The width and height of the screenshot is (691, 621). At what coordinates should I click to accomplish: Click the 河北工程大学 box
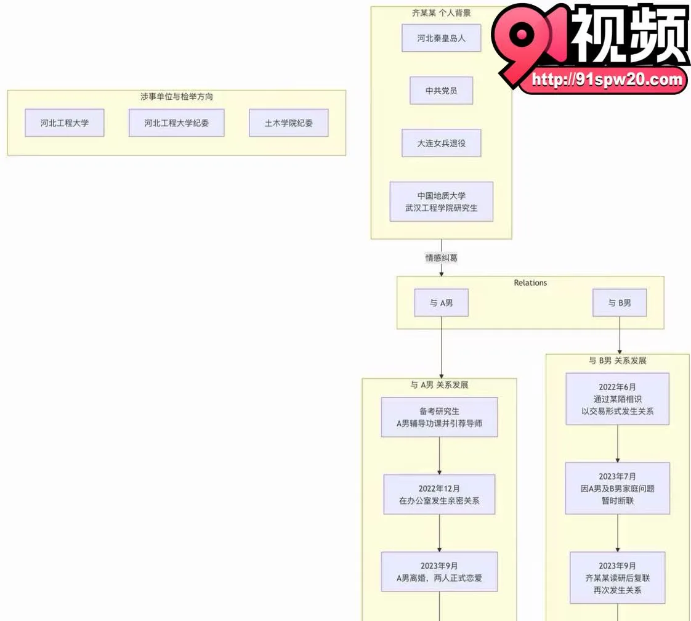(64, 123)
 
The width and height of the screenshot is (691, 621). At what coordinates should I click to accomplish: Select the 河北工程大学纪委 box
(176, 123)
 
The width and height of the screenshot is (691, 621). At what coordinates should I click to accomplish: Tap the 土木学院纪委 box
(289, 123)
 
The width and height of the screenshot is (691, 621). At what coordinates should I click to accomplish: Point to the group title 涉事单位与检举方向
(176, 97)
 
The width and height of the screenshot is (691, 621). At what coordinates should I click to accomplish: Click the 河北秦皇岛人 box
(441, 38)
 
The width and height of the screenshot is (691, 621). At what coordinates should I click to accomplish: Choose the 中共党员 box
(441, 91)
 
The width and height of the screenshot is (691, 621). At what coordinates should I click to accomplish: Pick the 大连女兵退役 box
(441, 144)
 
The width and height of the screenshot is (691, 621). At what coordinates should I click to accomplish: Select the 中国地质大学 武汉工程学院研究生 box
(441, 202)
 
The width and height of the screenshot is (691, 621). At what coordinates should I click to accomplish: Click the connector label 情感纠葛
(441, 258)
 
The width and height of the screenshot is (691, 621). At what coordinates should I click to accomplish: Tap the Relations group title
(530, 283)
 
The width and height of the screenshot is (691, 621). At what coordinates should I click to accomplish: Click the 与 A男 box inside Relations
(441, 302)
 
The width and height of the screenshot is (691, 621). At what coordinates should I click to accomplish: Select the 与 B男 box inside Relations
(620, 302)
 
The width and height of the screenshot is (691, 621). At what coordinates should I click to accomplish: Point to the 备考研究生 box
(439, 417)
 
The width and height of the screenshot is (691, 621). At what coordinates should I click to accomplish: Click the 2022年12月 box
(439, 495)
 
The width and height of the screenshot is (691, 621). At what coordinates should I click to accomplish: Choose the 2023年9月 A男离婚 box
(439, 572)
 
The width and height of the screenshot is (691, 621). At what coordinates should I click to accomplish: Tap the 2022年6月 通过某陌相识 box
(618, 399)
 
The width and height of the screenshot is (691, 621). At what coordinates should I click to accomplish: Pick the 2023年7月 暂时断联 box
(618, 489)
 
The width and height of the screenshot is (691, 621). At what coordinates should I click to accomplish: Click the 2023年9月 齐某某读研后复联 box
(618, 578)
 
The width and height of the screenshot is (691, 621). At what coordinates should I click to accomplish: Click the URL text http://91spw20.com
(607, 79)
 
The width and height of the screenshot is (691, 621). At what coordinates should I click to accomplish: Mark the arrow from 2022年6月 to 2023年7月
(618, 444)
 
